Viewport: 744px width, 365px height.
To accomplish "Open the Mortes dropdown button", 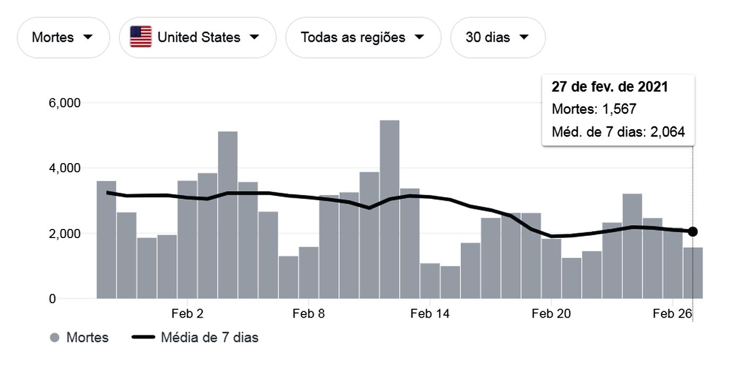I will click(x=63, y=37).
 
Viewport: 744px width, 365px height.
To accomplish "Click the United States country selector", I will click(x=197, y=37).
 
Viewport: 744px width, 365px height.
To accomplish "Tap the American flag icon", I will click(x=141, y=37).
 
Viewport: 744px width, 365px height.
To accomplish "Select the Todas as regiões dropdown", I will click(x=363, y=37).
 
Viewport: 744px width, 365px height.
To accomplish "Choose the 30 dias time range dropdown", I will click(x=497, y=37).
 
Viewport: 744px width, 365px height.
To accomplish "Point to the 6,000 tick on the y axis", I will click(x=64, y=103).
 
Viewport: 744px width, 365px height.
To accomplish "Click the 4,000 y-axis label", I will click(x=64, y=168).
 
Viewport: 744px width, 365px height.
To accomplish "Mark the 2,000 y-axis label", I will click(x=64, y=234).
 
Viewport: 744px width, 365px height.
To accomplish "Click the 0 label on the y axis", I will click(x=52, y=299).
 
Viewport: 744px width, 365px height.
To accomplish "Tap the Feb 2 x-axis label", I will click(x=187, y=314).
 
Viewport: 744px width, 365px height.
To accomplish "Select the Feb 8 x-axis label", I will click(x=308, y=314).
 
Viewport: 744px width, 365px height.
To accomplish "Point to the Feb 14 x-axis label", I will click(x=430, y=314).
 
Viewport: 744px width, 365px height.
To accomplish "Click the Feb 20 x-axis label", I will click(x=551, y=314).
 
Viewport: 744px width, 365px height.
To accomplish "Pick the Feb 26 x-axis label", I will click(x=672, y=314).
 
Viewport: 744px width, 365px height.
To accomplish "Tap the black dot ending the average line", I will click(x=692, y=232).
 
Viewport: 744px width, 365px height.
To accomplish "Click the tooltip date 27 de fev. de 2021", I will click(x=610, y=87).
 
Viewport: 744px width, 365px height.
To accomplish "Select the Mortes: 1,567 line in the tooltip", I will click(x=594, y=109).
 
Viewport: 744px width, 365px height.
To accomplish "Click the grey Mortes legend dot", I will click(x=54, y=337).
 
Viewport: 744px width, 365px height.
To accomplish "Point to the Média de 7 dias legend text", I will click(x=209, y=337).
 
